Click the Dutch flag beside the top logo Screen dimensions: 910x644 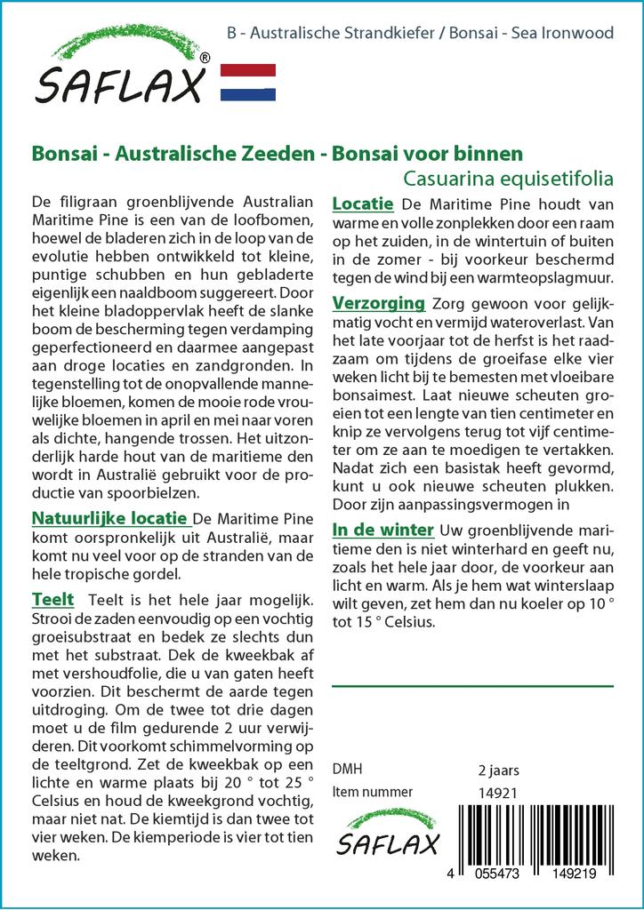coord(247,82)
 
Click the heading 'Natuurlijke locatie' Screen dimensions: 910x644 coord(109,518)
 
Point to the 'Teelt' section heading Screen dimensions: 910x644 coord(52,599)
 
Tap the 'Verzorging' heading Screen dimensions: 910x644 coord(378,303)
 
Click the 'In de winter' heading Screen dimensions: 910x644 coord(382,530)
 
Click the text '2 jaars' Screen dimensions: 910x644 coord(498,770)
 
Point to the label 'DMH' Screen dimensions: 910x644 coord(347,770)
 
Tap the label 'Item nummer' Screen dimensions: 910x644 coord(372,792)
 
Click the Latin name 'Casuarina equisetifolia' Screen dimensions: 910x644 coord(508,177)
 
